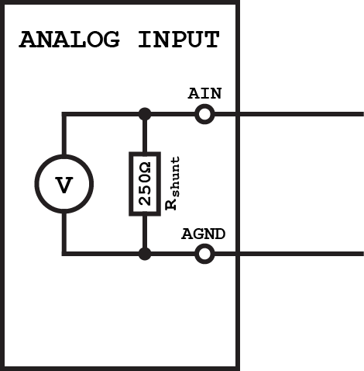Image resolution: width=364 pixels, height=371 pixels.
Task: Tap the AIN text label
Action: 204,94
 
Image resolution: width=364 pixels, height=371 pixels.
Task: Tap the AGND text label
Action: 203,234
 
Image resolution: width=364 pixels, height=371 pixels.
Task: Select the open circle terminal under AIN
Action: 204,114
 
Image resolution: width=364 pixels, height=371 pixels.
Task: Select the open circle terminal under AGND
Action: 204,253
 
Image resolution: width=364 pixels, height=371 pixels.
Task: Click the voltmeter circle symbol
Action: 64,185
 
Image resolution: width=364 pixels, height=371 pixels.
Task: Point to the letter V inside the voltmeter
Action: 64,185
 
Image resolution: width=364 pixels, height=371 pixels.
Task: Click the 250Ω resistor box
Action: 144,183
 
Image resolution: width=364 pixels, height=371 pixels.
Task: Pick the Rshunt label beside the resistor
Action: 174,184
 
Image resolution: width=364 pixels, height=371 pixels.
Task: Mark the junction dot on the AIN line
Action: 144,114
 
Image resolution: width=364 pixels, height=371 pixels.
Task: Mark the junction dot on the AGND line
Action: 144,253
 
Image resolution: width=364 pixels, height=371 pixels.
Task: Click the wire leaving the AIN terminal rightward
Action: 287,114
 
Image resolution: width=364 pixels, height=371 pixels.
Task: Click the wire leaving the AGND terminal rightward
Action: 287,253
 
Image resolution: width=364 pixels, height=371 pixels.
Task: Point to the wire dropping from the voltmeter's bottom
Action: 64,233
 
